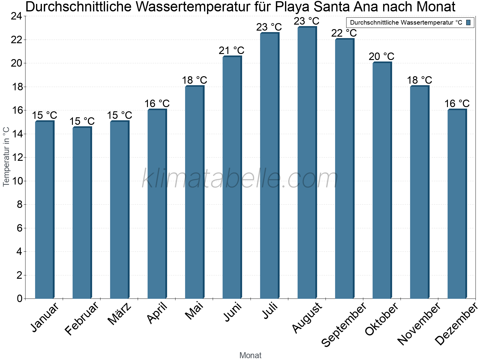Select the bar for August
[x=307, y=163]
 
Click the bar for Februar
[x=82, y=213]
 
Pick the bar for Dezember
[x=457, y=204]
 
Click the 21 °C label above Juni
[x=232, y=51]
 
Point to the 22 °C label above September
[x=344, y=33]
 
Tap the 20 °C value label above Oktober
[x=382, y=56]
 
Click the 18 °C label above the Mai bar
[x=194, y=80]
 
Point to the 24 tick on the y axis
[x=16, y=16]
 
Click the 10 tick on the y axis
[x=16, y=181]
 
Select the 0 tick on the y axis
[x=19, y=298]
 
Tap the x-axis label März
[x=120, y=314]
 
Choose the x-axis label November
[x=419, y=324]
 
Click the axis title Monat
[x=250, y=355]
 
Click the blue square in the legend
[x=469, y=22]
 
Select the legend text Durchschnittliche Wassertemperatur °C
[x=406, y=22]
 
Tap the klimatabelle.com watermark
[x=240, y=178]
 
